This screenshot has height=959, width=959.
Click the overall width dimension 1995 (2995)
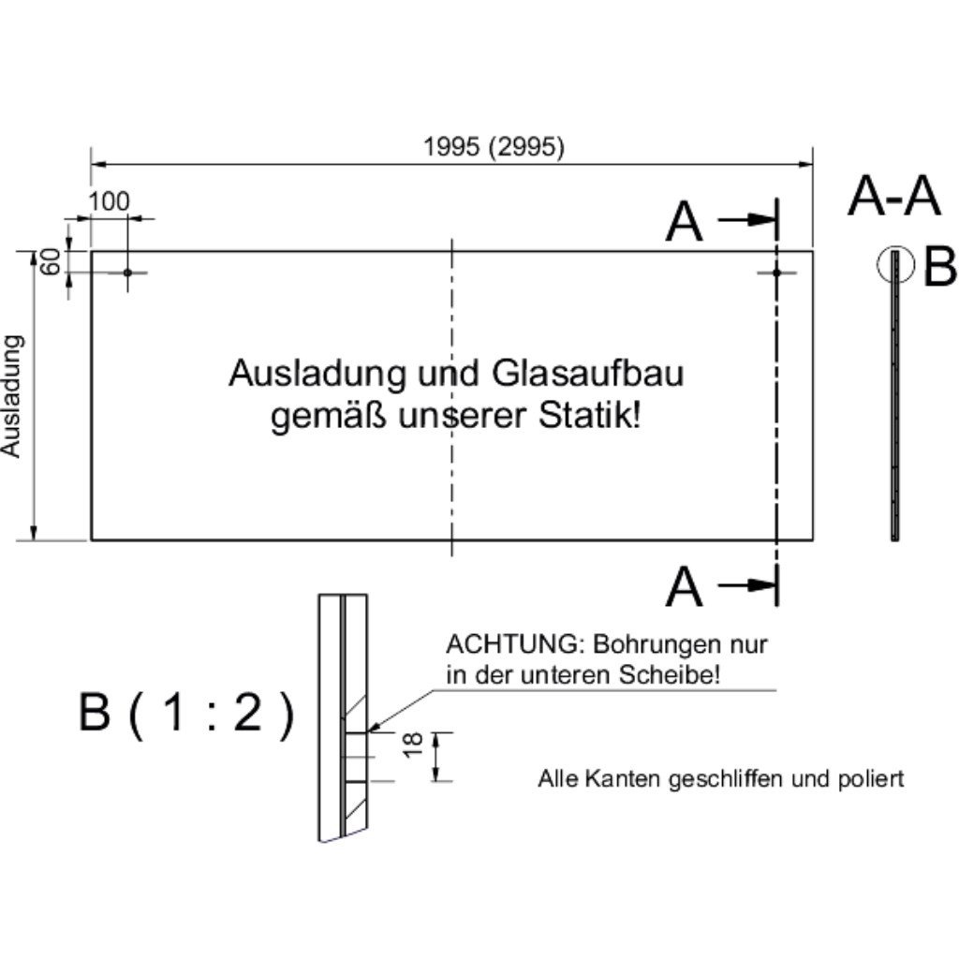click(x=494, y=147)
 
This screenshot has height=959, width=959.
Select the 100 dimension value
click(x=110, y=201)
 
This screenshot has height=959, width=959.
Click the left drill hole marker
click(x=128, y=273)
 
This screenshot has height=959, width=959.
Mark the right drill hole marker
click(x=776, y=273)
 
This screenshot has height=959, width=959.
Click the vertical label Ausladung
click(x=11, y=395)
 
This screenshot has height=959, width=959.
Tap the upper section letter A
click(x=684, y=224)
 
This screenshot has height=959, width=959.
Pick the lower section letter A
click(x=684, y=588)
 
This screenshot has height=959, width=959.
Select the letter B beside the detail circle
click(x=939, y=269)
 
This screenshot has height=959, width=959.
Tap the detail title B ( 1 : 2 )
click(x=187, y=716)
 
